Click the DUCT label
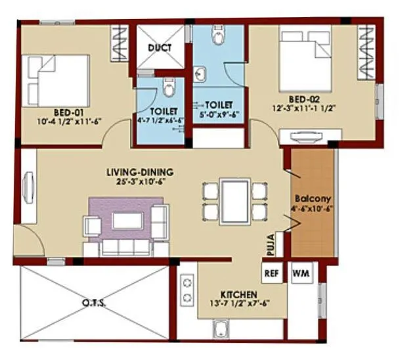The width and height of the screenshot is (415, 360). [160, 48]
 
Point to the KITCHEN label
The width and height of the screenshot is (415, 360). [238, 295]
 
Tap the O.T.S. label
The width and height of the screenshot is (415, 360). [96, 303]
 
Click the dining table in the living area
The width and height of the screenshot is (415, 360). [233, 200]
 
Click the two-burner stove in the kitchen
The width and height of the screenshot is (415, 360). [186, 290]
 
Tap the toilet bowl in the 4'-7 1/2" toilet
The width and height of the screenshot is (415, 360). [169, 87]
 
